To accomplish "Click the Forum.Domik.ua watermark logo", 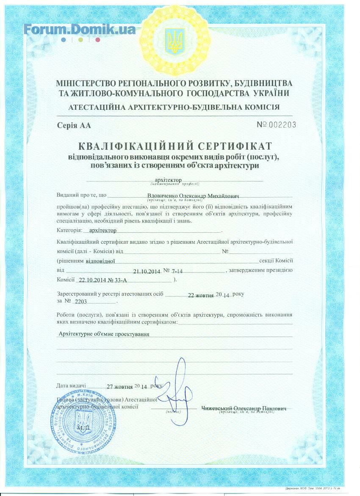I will (x=80, y=28).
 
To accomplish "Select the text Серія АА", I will (x=74, y=125).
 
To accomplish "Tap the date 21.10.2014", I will (x=146, y=271).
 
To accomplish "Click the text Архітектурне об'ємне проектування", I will (x=104, y=334).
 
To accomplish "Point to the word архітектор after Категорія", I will (x=100, y=230).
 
